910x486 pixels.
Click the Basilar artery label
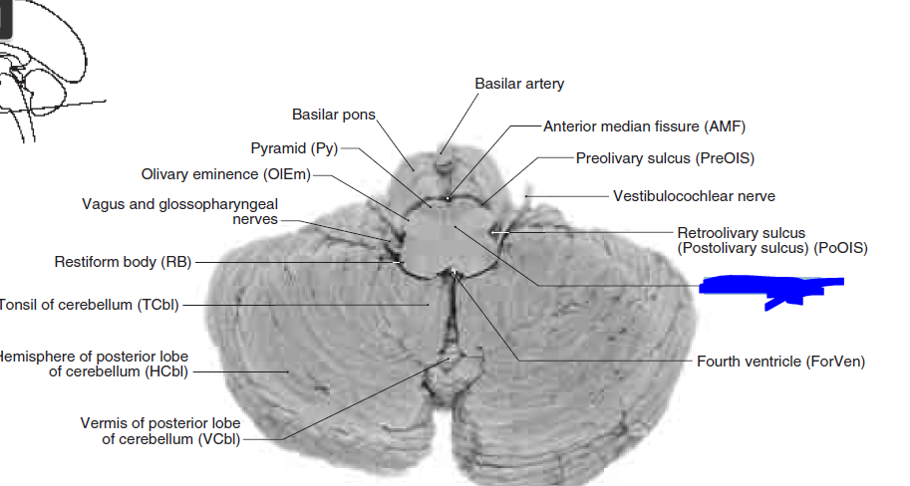pos(518,84)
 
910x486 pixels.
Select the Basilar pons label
pos(333,116)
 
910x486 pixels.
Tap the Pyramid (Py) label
pos(294,149)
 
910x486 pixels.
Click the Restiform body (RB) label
pos(122,262)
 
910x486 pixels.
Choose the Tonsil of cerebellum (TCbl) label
pos(90,305)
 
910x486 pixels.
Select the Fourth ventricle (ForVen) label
pos(780,361)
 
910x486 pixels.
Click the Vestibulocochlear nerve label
pos(694,196)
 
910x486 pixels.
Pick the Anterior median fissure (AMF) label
pos(644,126)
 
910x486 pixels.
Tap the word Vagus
pos(103,204)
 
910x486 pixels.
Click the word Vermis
pos(104,423)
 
